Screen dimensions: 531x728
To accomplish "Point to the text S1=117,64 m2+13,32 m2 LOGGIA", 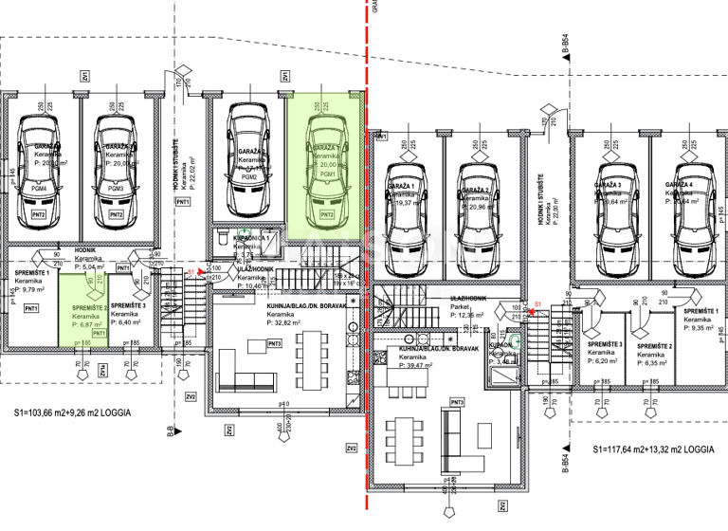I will (654, 450).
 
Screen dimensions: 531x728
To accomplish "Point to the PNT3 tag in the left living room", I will (275, 343).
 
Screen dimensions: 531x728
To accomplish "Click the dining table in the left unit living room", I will (304, 363).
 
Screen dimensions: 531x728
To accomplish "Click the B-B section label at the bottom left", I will (170, 434).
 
